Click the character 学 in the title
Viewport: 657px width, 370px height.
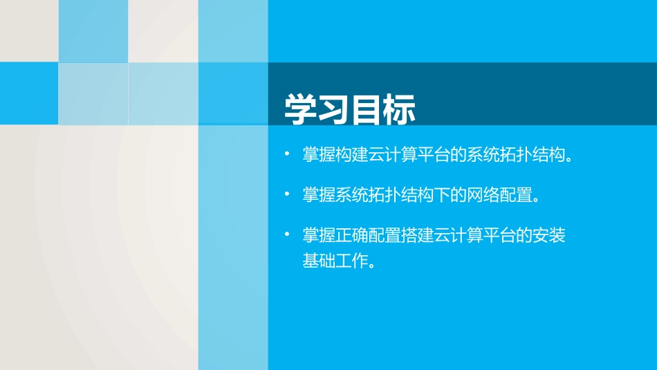pyautogui.click(x=302, y=109)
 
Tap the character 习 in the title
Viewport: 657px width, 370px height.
pyautogui.click(x=334, y=109)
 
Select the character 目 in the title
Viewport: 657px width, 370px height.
pyautogui.click(x=367, y=109)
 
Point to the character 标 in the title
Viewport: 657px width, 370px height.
pyautogui.click(x=400, y=109)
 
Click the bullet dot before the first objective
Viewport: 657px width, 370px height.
pyautogui.click(x=288, y=154)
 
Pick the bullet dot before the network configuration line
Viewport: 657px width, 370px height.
pyautogui.click(x=288, y=194)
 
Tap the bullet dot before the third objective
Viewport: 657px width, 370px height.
pyautogui.click(x=288, y=235)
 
